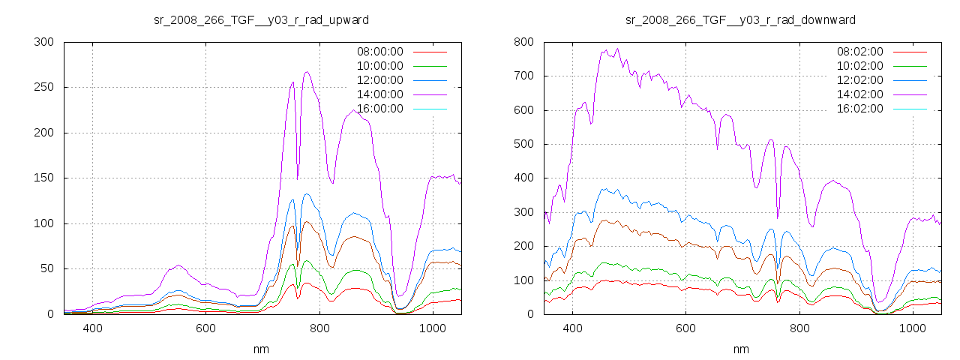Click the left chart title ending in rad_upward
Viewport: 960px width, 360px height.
click(x=261, y=19)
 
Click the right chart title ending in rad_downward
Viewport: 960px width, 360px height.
click(x=741, y=19)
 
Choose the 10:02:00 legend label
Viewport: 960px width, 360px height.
click(x=859, y=66)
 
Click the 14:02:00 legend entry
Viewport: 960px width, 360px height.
click(x=859, y=94)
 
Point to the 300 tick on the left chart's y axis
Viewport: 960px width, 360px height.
click(x=43, y=42)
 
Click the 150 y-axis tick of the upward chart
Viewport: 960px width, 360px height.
click(x=43, y=178)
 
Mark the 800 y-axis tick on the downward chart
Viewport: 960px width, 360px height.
click(x=523, y=42)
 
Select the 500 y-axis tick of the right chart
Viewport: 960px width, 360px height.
click(x=523, y=144)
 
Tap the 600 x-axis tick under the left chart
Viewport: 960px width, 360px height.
click(x=205, y=328)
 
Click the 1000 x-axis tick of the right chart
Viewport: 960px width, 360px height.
click(x=912, y=328)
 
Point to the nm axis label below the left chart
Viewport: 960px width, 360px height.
click(x=261, y=349)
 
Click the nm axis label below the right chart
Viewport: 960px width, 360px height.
click(x=741, y=349)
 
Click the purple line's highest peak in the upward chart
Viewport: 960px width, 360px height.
click(x=307, y=72)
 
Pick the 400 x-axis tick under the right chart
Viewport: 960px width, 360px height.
click(x=572, y=328)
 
